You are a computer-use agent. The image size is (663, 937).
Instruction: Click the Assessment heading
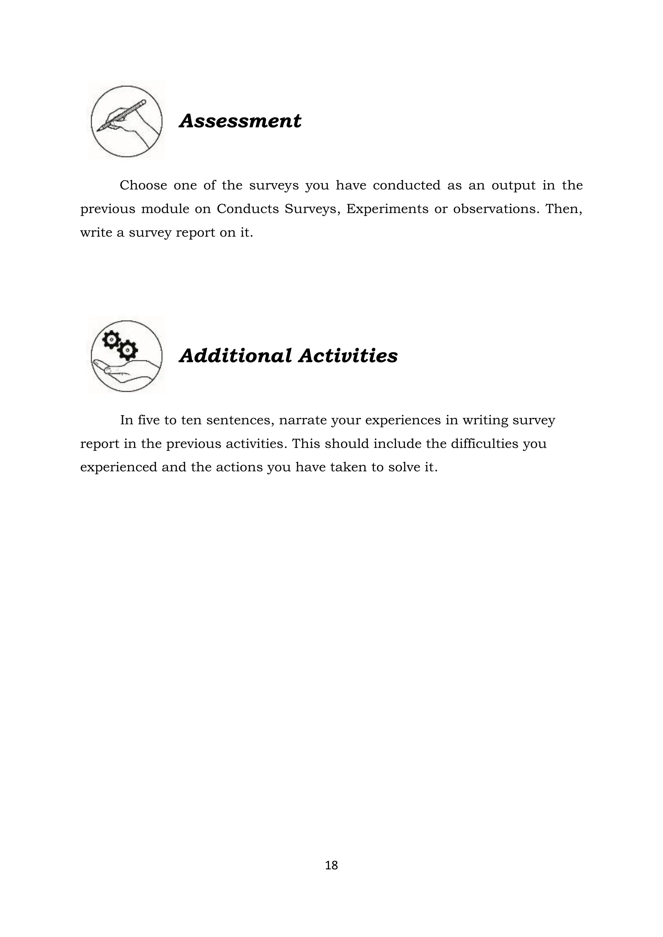point(240,121)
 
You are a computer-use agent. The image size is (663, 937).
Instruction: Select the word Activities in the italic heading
point(348,355)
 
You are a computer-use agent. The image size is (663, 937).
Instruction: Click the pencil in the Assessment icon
point(122,116)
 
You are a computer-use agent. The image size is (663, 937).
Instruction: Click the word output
point(513,186)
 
